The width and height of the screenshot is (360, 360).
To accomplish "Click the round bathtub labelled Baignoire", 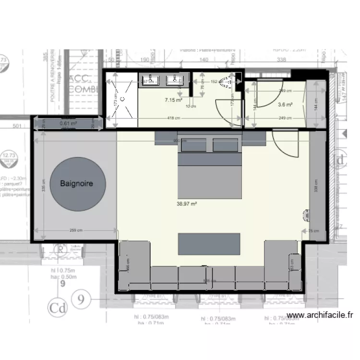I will (77, 184).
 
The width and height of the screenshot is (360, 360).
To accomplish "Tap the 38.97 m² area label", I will (187, 204).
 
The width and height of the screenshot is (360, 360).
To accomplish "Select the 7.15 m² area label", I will (173, 100).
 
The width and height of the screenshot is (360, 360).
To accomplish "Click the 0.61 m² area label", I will (68, 123).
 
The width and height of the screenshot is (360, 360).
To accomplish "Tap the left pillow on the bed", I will (194, 144).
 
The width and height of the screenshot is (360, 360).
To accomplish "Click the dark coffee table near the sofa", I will (209, 244).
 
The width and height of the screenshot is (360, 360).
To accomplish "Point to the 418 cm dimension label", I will (174, 118).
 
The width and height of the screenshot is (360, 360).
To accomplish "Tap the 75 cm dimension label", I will (313, 231).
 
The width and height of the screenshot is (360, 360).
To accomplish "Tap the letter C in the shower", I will (122, 99).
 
